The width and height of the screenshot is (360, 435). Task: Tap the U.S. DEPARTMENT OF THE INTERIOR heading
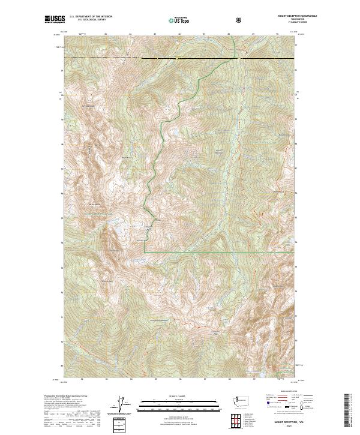click(x=91, y=17)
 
